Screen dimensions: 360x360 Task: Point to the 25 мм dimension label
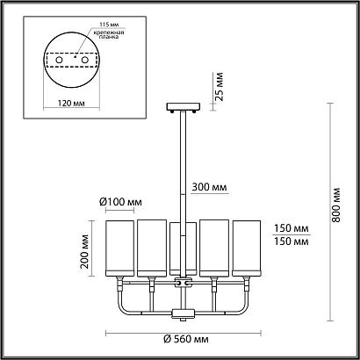point(223,87)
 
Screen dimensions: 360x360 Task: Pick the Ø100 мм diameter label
point(122,202)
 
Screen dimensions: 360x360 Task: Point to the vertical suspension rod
point(183,167)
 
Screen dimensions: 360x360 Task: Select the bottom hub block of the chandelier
point(183,313)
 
